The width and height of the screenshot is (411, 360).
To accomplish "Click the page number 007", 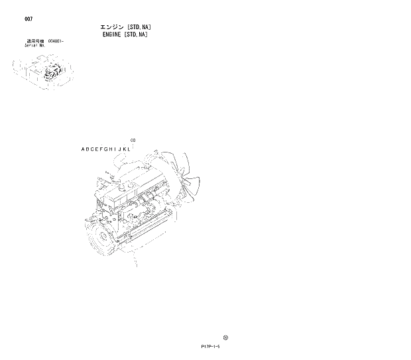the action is pos(27,19).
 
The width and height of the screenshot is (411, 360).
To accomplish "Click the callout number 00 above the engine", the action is pos(133,140).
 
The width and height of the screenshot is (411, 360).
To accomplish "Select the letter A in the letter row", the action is pos(84,149).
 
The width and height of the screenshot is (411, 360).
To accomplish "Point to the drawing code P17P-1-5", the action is pos(207,346).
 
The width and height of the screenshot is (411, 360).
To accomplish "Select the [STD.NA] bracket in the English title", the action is pos(135,34).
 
